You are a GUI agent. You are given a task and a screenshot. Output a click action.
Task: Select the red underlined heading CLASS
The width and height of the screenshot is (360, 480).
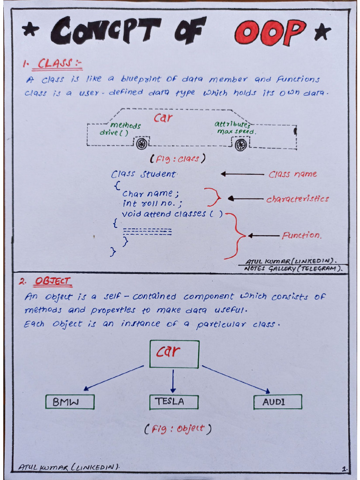click(x=55, y=63)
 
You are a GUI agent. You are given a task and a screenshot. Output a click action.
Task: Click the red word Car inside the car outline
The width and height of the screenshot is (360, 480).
click(x=163, y=118)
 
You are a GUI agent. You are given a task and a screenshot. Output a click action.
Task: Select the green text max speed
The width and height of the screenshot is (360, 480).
click(x=236, y=132)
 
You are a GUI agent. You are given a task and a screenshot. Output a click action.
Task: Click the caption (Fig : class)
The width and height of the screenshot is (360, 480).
click(x=178, y=158)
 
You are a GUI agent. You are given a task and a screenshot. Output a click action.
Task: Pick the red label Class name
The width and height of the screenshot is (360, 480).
click(x=292, y=174)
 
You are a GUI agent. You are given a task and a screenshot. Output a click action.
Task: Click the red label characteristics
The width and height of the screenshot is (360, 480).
click(x=298, y=199)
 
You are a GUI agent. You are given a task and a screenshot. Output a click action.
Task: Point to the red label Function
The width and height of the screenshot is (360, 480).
click(x=302, y=235)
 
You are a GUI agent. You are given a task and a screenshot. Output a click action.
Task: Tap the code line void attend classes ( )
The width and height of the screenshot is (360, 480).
click(x=172, y=214)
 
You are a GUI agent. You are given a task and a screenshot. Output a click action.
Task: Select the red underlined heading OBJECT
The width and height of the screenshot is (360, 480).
click(x=52, y=281)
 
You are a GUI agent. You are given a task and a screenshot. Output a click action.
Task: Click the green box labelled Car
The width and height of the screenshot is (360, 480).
click(x=174, y=353)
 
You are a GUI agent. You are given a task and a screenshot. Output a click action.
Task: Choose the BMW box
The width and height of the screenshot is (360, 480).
click(x=70, y=402)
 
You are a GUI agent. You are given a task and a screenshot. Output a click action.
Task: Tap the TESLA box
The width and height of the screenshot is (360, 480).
click(x=174, y=402)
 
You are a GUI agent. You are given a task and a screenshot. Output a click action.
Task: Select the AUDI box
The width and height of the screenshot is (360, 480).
click(x=277, y=402)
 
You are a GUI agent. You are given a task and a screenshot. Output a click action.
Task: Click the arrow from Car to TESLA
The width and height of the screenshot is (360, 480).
click(x=173, y=381)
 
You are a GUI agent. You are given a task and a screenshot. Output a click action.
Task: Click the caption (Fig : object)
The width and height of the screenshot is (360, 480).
click(x=178, y=428)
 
